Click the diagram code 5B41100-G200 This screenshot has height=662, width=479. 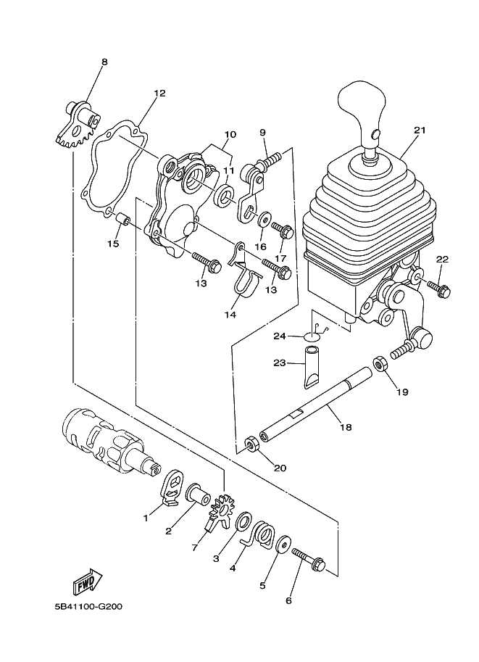(x=88, y=607)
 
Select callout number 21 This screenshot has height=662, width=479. (x=420, y=130)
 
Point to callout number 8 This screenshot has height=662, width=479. (x=104, y=62)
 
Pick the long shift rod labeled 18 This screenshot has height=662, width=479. (x=316, y=405)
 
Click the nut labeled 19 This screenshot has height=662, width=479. (x=380, y=363)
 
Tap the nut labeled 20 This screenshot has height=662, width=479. (x=252, y=444)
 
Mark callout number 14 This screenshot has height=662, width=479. (x=230, y=315)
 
